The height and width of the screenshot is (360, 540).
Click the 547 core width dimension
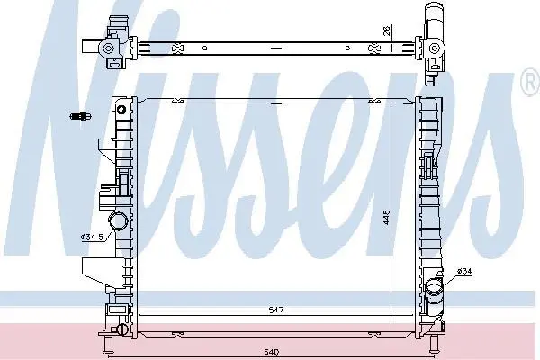tap(276, 310)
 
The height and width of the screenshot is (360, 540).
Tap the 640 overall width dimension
tap(272, 352)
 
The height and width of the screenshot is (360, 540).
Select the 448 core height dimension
tap(387, 218)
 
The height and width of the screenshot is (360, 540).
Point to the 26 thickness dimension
tap(387, 31)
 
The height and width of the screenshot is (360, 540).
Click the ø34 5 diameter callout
tap(92, 237)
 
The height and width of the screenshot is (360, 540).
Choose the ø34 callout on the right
tap(464, 271)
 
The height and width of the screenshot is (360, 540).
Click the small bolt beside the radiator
tap(81, 116)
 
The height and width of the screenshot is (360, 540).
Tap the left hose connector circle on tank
tap(118, 220)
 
